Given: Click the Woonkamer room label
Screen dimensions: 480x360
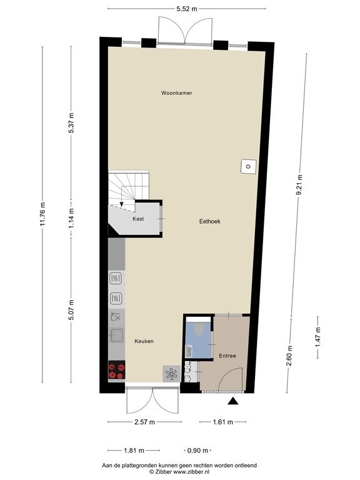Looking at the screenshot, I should tap(176, 93).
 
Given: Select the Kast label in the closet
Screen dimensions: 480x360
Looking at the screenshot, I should tap(138, 219).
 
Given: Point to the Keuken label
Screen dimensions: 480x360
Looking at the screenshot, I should tap(144, 341).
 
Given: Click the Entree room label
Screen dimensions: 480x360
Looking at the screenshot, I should tap(227, 356).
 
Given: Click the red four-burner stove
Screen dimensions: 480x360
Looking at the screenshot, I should tap(116, 371).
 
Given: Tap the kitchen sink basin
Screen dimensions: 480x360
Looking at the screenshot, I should tap(116, 336).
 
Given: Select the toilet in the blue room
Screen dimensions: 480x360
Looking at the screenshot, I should tap(199, 329).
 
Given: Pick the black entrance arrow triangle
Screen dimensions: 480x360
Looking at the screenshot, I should tap(234, 402).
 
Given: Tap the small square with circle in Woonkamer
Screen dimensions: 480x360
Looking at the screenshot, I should tap(248, 166).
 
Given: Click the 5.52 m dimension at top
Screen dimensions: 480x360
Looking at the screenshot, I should tap(185, 9).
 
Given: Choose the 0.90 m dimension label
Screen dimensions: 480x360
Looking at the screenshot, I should tap(199, 450).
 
